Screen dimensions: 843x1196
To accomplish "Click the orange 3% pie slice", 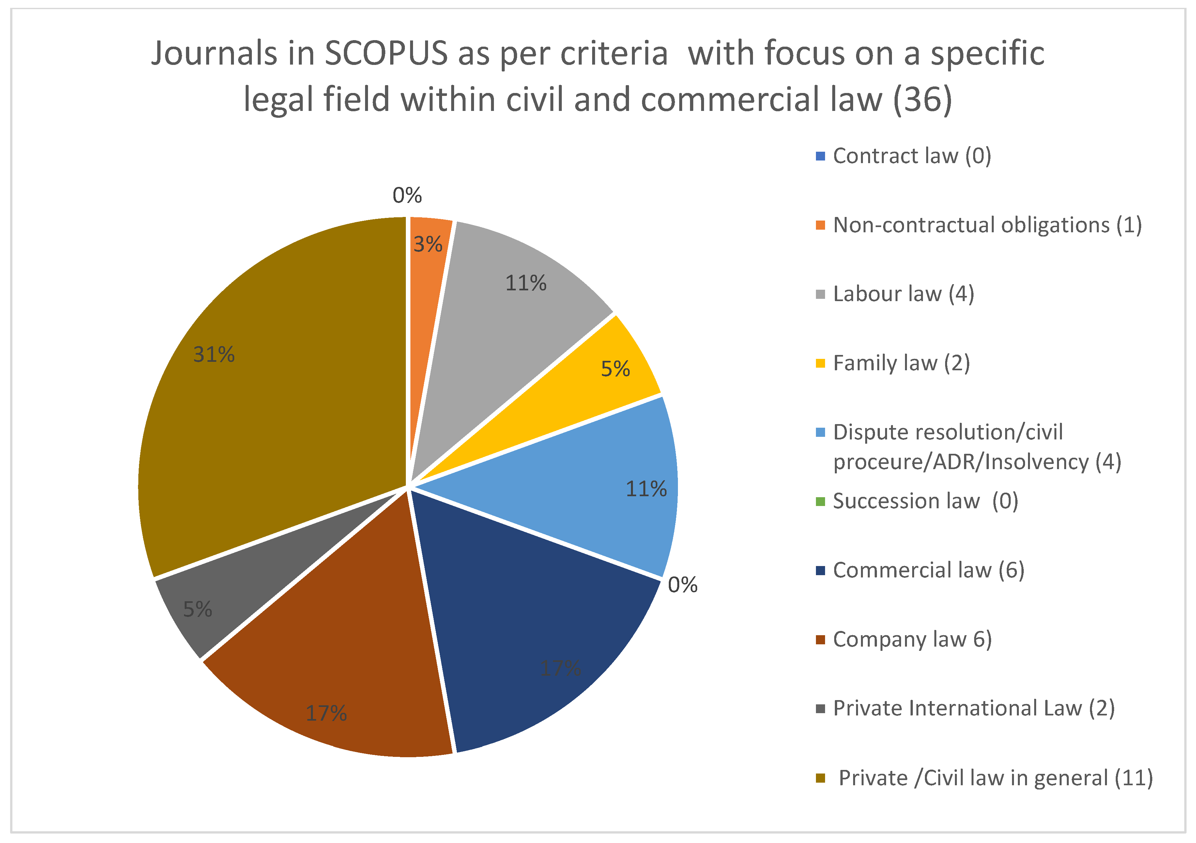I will pos(428,271).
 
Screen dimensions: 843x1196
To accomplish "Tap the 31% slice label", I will pos(214,355).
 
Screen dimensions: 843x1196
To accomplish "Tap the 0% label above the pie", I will pos(407,195).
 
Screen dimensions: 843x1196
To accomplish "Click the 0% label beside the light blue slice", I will pos(682,585).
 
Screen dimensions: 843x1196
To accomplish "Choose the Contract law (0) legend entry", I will pos(912,156).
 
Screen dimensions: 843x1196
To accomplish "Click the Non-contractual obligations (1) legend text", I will pos(987,225).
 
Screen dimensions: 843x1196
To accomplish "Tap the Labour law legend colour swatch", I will pos(820,294).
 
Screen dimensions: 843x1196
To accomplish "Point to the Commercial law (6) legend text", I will pos(928,571).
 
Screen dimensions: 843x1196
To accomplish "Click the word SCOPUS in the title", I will pos(386,53).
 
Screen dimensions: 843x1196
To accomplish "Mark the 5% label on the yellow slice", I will pos(615,369).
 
